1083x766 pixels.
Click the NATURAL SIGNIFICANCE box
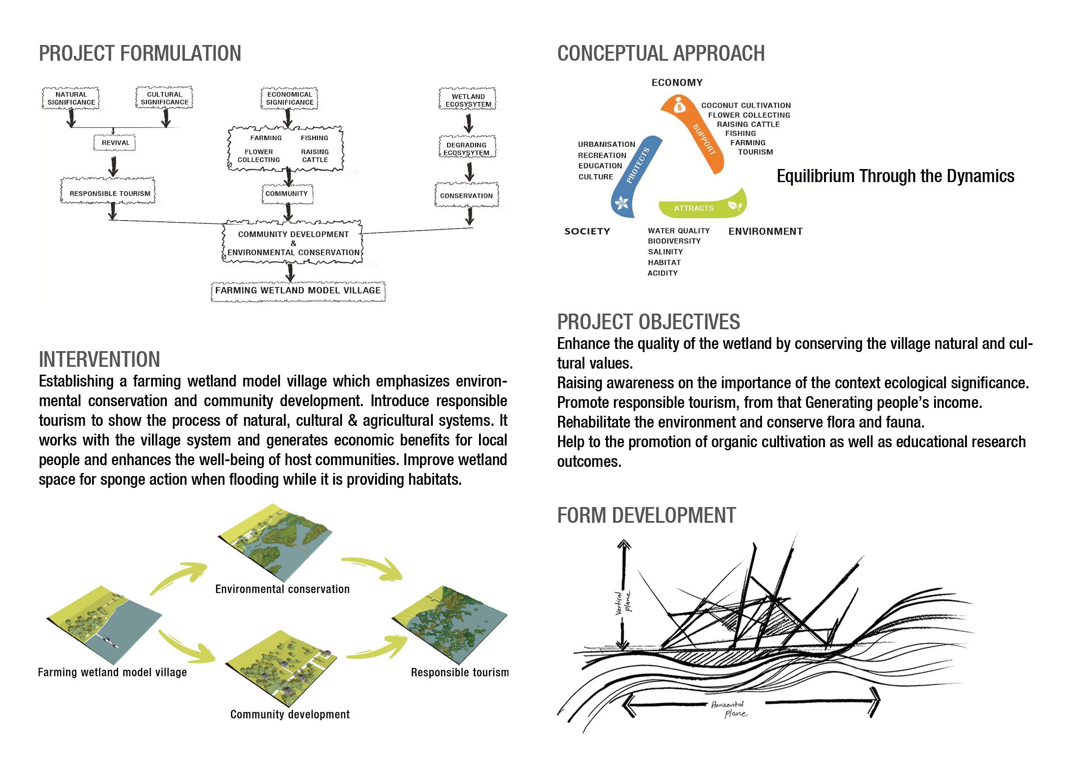point(71,98)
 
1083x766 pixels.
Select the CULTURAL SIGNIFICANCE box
point(164,98)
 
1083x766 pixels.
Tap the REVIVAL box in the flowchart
point(115,142)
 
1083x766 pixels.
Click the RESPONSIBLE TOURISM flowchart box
point(110,193)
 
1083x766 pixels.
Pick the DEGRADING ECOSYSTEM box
point(466,148)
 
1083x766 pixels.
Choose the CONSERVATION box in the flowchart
point(466,195)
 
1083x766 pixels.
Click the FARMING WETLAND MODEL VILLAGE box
point(298,290)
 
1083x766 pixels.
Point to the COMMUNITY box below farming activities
point(286,193)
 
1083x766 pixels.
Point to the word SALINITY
point(665,252)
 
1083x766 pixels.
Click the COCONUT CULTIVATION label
point(746,106)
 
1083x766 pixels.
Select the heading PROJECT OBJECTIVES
point(648,322)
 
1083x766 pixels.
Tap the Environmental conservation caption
point(282,589)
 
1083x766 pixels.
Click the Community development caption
point(290,714)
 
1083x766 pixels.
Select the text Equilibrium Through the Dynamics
point(895,176)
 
